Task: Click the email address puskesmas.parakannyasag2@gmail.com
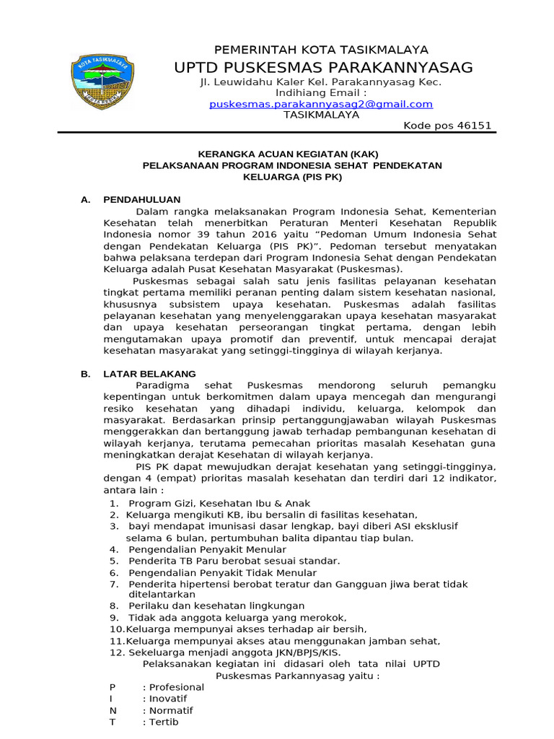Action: click(321, 104)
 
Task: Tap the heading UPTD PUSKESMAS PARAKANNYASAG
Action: click(323, 68)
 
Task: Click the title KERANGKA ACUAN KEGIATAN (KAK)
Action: click(288, 154)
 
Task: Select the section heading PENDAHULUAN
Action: click(142, 199)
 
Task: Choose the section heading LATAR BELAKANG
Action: click(149, 374)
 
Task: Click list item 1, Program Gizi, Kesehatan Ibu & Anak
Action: click(219, 503)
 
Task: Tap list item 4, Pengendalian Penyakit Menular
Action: click(207, 549)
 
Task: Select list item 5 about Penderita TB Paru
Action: click(234, 561)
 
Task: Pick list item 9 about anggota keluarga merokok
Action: click(237, 618)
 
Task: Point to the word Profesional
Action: click(176, 687)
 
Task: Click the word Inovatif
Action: click(167, 699)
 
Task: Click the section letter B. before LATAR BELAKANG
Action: click(85, 374)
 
